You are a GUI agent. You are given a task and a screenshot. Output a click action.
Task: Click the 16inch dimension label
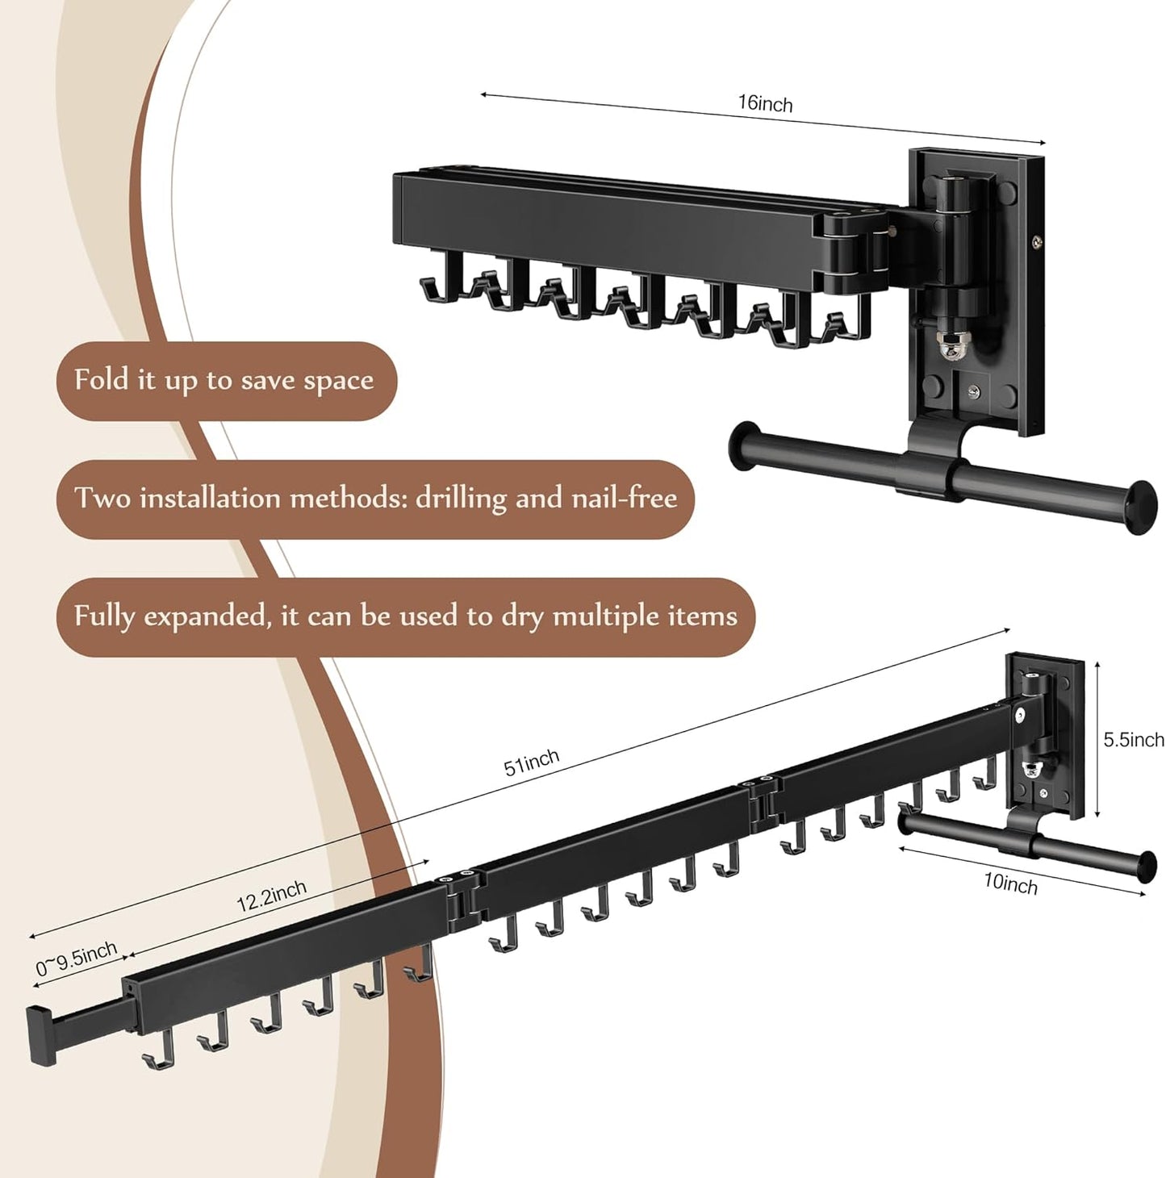(x=764, y=104)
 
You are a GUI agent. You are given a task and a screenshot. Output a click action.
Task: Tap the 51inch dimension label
(x=531, y=762)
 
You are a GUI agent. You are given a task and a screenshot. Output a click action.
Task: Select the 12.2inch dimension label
(x=271, y=896)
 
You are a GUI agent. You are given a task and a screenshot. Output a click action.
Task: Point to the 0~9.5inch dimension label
(x=76, y=959)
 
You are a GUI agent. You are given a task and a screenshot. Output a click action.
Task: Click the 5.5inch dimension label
(x=1133, y=741)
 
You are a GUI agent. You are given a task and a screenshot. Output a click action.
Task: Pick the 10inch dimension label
(x=1010, y=884)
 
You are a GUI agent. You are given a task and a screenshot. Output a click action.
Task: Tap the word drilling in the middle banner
(x=461, y=498)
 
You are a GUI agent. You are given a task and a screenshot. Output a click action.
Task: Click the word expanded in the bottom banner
(x=207, y=616)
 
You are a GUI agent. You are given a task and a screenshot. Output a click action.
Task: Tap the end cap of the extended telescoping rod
(x=41, y=1037)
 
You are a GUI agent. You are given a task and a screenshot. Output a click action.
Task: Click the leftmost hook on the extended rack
(x=159, y=1051)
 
